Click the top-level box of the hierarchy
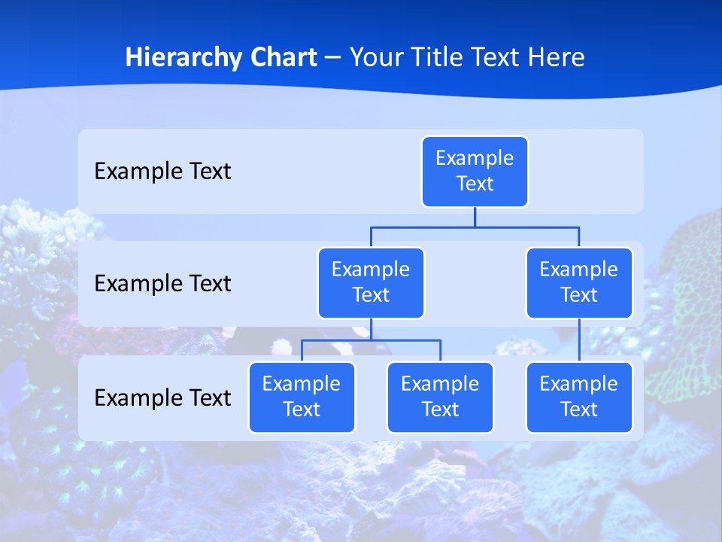[475, 172]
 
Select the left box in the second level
[371, 283]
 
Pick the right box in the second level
[579, 283]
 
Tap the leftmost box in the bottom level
[302, 397]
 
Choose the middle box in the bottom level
[440, 397]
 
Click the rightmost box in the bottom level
[579, 397]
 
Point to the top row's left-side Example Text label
[162, 172]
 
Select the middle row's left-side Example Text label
[162, 284]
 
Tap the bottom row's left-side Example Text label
[162, 397]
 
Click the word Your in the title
[376, 57]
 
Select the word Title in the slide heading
[438, 57]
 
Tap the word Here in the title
[557, 57]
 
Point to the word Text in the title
[497, 57]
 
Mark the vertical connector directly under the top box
[475, 217]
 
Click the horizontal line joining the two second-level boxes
[475, 227]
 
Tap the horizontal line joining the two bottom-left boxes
[371, 340]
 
